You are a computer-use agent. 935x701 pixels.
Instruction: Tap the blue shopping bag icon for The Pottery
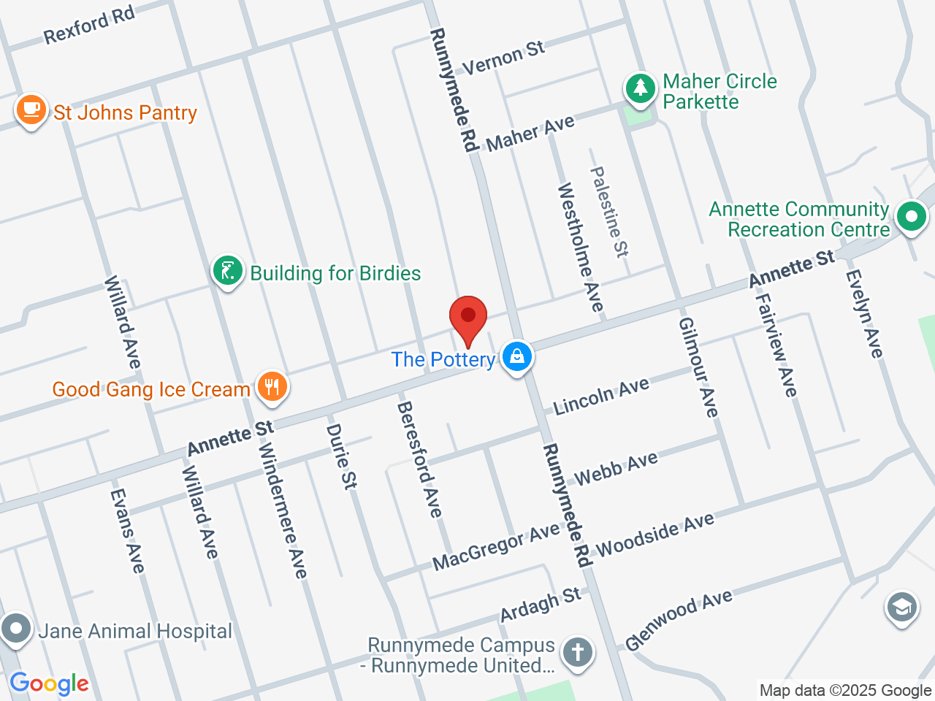click(x=517, y=357)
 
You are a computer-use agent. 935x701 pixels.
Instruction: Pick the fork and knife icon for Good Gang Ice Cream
click(x=272, y=387)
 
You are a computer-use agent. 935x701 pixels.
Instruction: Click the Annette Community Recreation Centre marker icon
click(x=911, y=217)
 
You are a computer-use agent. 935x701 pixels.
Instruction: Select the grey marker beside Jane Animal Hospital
click(x=15, y=629)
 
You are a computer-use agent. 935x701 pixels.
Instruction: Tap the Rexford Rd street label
click(x=89, y=25)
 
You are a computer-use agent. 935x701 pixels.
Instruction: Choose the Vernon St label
click(x=503, y=58)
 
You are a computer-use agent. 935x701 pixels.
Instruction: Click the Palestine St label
click(x=608, y=212)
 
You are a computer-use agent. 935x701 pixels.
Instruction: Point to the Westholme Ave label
click(x=581, y=247)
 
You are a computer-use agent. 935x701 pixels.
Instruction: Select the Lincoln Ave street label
click(x=600, y=397)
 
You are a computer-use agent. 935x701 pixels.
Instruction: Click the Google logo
click(x=49, y=684)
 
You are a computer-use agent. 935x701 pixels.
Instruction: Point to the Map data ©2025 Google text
click(x=845, y=690)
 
